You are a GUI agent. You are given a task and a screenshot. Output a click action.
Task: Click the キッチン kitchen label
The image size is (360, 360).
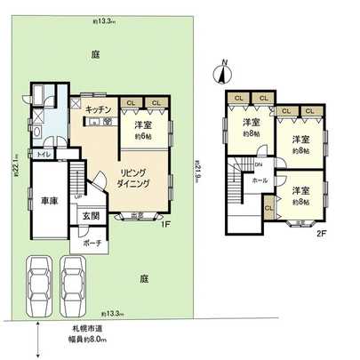[x=98, y=109]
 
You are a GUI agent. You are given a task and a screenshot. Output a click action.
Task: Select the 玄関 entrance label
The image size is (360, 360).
[x=92, y=216]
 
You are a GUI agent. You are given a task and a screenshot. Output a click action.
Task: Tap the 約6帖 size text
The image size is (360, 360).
[x=144, y=137]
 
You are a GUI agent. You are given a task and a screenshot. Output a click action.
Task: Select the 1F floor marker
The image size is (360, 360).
[x=165, y=225]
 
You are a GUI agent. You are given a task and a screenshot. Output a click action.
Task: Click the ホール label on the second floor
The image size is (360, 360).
[x=260, y=180]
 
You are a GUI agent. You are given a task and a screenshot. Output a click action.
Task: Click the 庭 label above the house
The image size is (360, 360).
[x=95, y=55]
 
